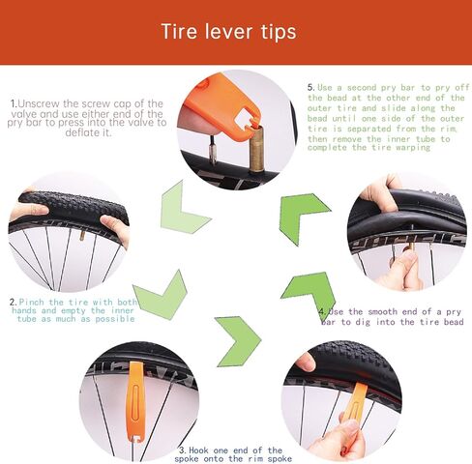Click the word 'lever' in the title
point(228,32)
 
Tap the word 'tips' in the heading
point(279,32)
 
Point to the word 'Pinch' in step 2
point(31,303)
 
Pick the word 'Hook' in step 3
point(198,449)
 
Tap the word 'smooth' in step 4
point(382,311)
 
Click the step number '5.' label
point(310,87)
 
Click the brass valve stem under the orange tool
point(256,148)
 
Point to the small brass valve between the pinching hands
point(82,236)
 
